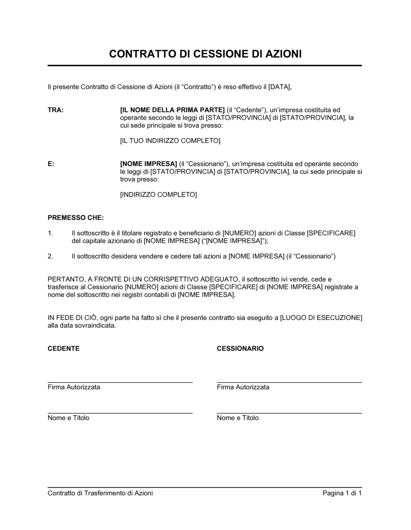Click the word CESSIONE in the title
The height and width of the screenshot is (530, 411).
tap(218, 54)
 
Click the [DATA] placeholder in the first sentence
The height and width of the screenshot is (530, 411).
tap(279, 87)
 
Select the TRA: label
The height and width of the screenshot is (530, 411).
tap(55, 110)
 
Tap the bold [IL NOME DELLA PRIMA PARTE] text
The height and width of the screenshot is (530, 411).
tap(172, 110)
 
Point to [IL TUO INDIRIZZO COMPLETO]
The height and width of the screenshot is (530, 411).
tap(170, 141)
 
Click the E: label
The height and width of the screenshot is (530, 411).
tap(51, 164)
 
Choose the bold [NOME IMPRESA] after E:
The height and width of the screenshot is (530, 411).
tap(148, 164)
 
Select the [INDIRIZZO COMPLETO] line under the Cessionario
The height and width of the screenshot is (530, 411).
tap(158, 195)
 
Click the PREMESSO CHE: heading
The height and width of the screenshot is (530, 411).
tap(76, 218)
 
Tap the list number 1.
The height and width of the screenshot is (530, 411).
tap(50, 233)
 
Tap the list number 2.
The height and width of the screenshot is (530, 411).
tap(50, 256)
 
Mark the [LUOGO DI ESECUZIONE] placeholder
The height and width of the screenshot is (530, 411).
tap(321, 318)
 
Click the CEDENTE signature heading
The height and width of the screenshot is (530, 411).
tap(64, 349)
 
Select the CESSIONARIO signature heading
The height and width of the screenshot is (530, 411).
tap(240, 349)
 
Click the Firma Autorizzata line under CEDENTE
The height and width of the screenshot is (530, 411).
tap(74, 387)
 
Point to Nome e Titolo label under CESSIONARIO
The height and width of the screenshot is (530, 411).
tap(238, 418)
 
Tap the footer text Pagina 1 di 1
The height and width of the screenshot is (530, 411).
tap(342, 493)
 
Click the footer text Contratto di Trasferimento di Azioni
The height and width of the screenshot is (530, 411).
tap(100, 493)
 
